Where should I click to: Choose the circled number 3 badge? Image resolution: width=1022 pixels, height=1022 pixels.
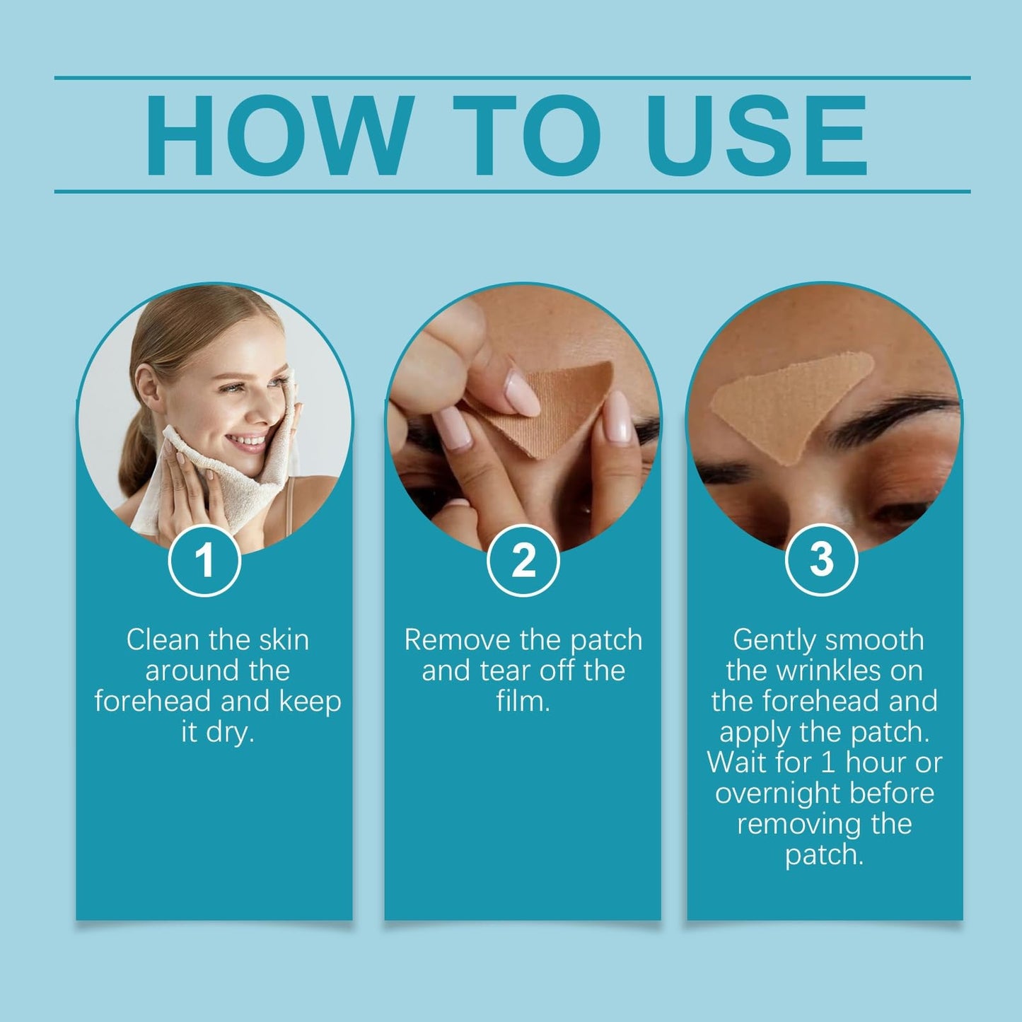[x=822, y=559]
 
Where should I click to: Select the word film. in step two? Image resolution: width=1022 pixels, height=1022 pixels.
[x=523, y=701]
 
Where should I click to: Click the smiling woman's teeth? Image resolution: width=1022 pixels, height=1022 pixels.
[x=247, y=440]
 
